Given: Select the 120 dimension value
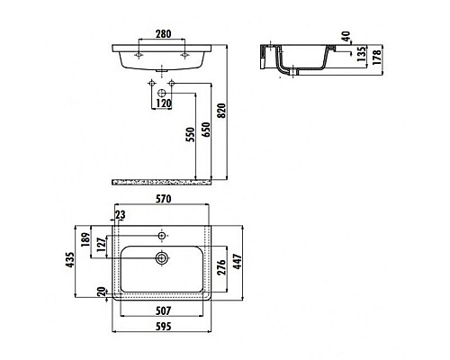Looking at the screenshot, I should (x=163, y=103).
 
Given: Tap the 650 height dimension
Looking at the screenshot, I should (x=207, y=135).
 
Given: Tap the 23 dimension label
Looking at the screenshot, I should (x=121, y=215).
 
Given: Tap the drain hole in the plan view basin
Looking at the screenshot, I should (x=163, y=257).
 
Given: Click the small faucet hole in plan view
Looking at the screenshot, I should (x=163, y=235).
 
